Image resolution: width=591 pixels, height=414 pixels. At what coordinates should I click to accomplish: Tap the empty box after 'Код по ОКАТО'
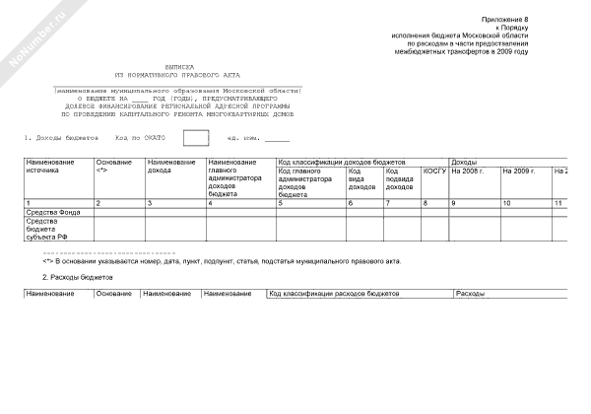(x=196, y=137)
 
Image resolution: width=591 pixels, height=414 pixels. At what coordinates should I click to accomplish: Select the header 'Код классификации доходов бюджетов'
(x=342, y=161)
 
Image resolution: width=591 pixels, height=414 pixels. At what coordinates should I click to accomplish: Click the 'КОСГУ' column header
(x=434, y=171)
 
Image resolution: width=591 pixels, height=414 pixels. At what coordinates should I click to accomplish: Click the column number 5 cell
(x=281, y=202)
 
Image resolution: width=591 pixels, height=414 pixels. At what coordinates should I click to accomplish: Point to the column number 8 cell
(x=426, y=202)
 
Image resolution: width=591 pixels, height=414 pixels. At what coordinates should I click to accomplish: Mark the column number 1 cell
(x=29, y=202)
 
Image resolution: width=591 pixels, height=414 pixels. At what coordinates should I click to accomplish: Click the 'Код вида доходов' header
(x=361, y=178)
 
